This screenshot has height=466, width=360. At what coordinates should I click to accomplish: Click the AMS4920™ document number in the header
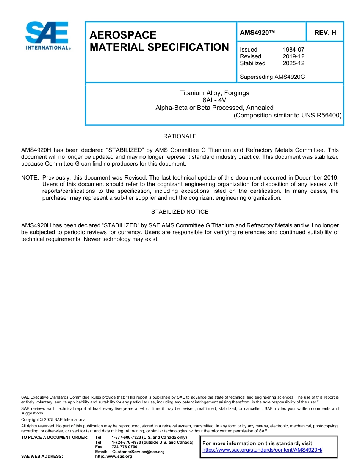[257, 33]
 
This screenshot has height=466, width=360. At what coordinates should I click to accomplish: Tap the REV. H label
[325, 33]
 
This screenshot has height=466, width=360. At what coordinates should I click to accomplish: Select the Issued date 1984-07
[293, 50]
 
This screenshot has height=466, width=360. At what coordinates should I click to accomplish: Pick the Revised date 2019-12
[293, 56]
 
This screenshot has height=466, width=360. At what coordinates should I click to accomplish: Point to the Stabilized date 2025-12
[293, 63]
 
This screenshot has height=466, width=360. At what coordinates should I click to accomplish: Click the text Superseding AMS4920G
[272, 77]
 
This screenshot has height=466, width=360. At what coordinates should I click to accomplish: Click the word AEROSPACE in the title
[123, 35]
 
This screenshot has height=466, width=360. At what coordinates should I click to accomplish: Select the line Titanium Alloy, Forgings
[214, 93]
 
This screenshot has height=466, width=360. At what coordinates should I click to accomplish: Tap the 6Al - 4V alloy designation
[214, 100]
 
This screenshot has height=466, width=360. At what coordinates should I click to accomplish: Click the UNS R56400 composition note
[288, 115]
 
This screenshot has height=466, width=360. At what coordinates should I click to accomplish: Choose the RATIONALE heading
[180, 136]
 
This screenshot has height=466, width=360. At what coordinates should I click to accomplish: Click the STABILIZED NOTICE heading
[180, 212]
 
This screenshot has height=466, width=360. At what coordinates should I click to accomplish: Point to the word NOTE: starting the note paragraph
[30, 178]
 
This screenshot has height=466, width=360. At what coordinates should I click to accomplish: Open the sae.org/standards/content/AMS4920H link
[262, 450]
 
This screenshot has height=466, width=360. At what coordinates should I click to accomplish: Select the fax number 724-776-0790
[124, 447]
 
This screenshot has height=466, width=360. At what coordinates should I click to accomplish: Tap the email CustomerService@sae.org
[138, 452]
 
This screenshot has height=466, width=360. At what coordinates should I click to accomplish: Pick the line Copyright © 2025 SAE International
[54, 419]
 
